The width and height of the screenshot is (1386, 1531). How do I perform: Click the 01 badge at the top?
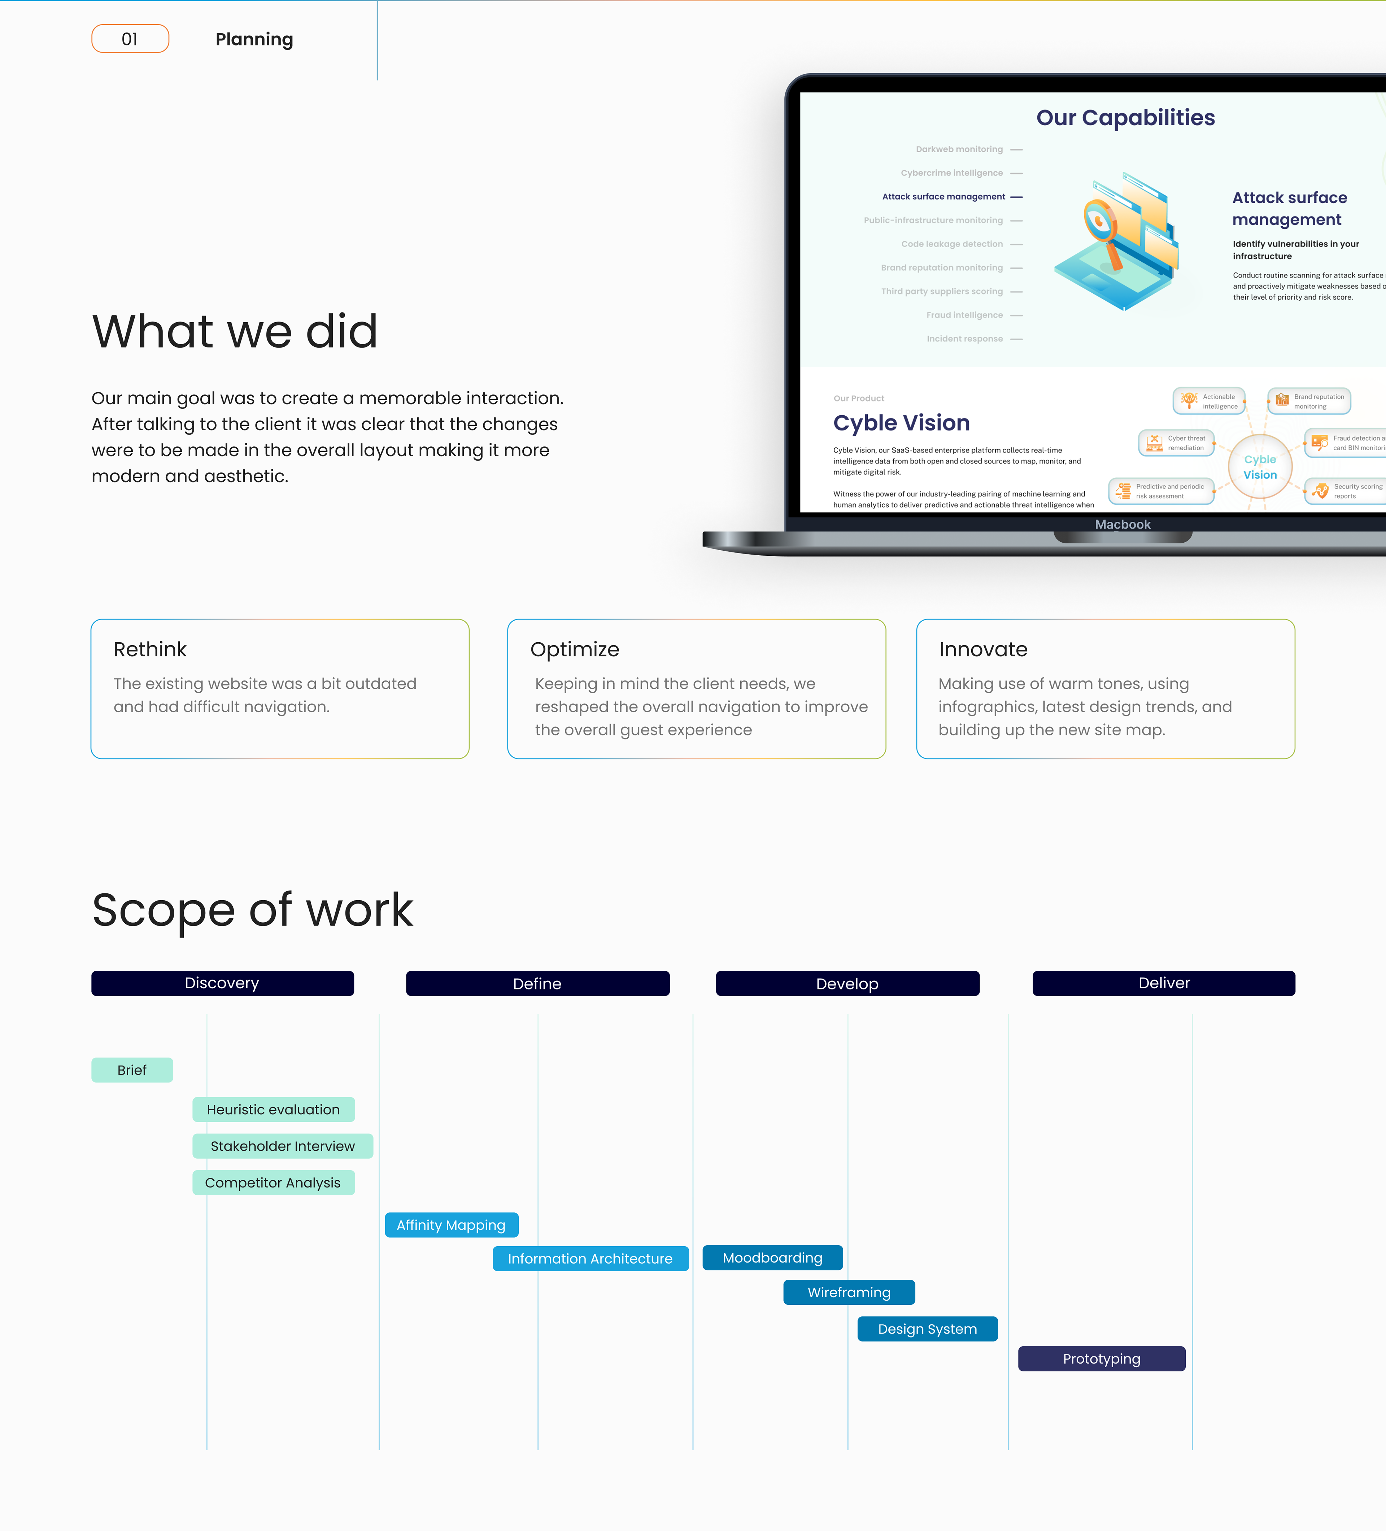pyautogui.click(x=130, y=39)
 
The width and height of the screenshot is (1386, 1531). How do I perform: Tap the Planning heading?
pyautogui.click(x=254, y=39)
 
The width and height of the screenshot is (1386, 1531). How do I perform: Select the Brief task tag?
pyautogui.click(x=132, y=1070)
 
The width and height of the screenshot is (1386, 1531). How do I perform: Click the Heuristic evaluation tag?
pyautogui.click(x=273, y=1110)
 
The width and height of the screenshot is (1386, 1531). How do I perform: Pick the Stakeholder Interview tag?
pyautogui.click(x=283, y=1146)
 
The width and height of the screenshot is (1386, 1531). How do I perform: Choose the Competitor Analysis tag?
pyautogui.click(x=273, y=1182)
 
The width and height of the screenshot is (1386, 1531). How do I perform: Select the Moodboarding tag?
pyautogui.click(x=772, y=1257)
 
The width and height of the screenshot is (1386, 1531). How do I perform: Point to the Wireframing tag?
pyautogui.click(x=849, y=1292)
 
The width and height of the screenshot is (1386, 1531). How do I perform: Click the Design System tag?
pyautogui.click(x=927, y=1329)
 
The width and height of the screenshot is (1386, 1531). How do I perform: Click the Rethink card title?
pyautogui.click(x=151, y=649)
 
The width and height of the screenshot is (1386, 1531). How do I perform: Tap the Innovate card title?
pyautogui.click(x=984, y=649)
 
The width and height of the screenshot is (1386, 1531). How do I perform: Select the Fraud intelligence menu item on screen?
pyautogui.click(x=964, y=315)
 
